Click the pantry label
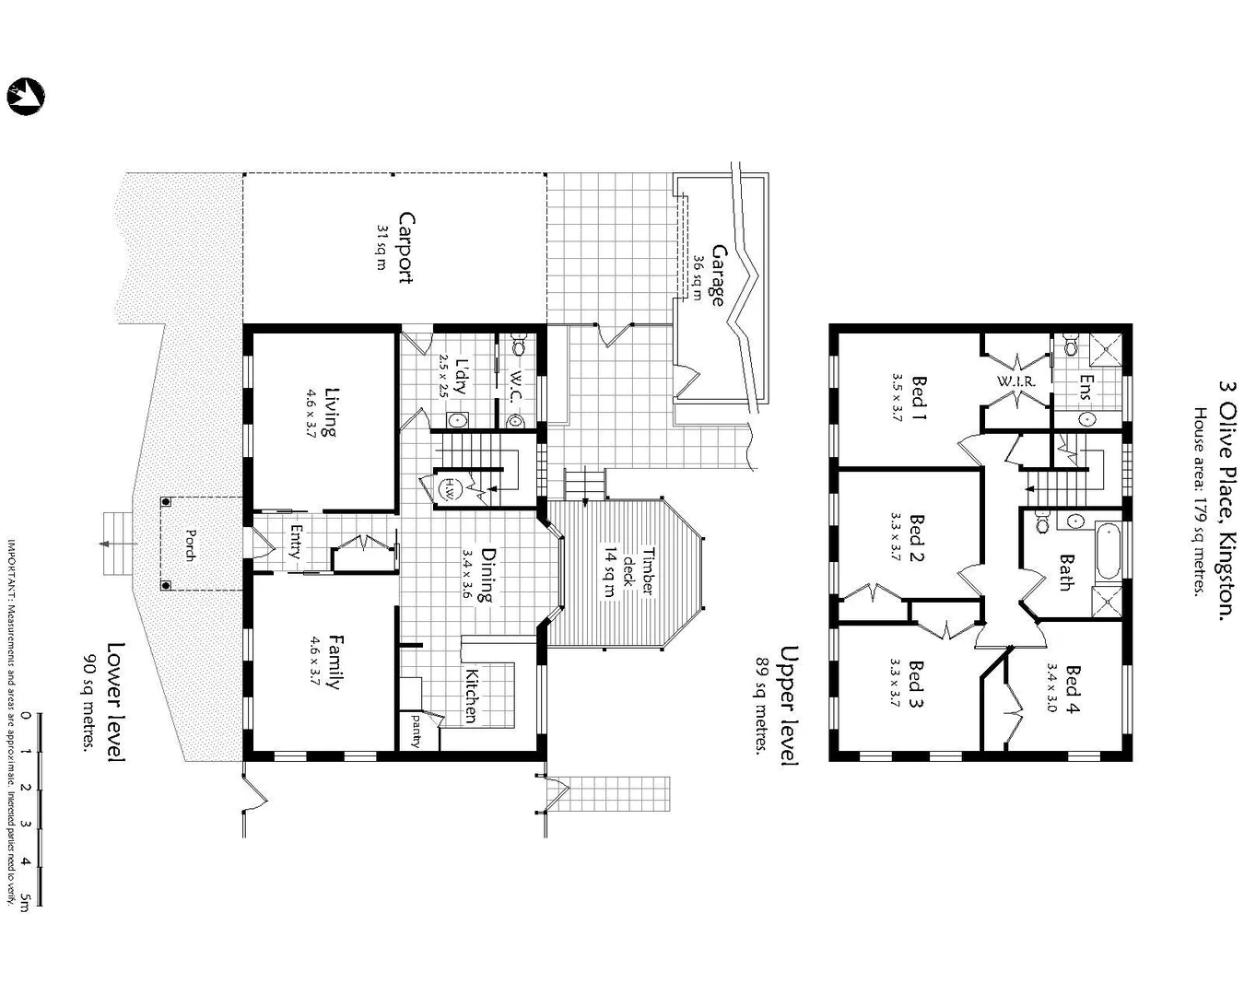pos(417,731)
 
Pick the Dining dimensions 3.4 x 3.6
pos(466,575)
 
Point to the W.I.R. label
pos(1016,381)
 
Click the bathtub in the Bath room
pos(1108,551)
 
